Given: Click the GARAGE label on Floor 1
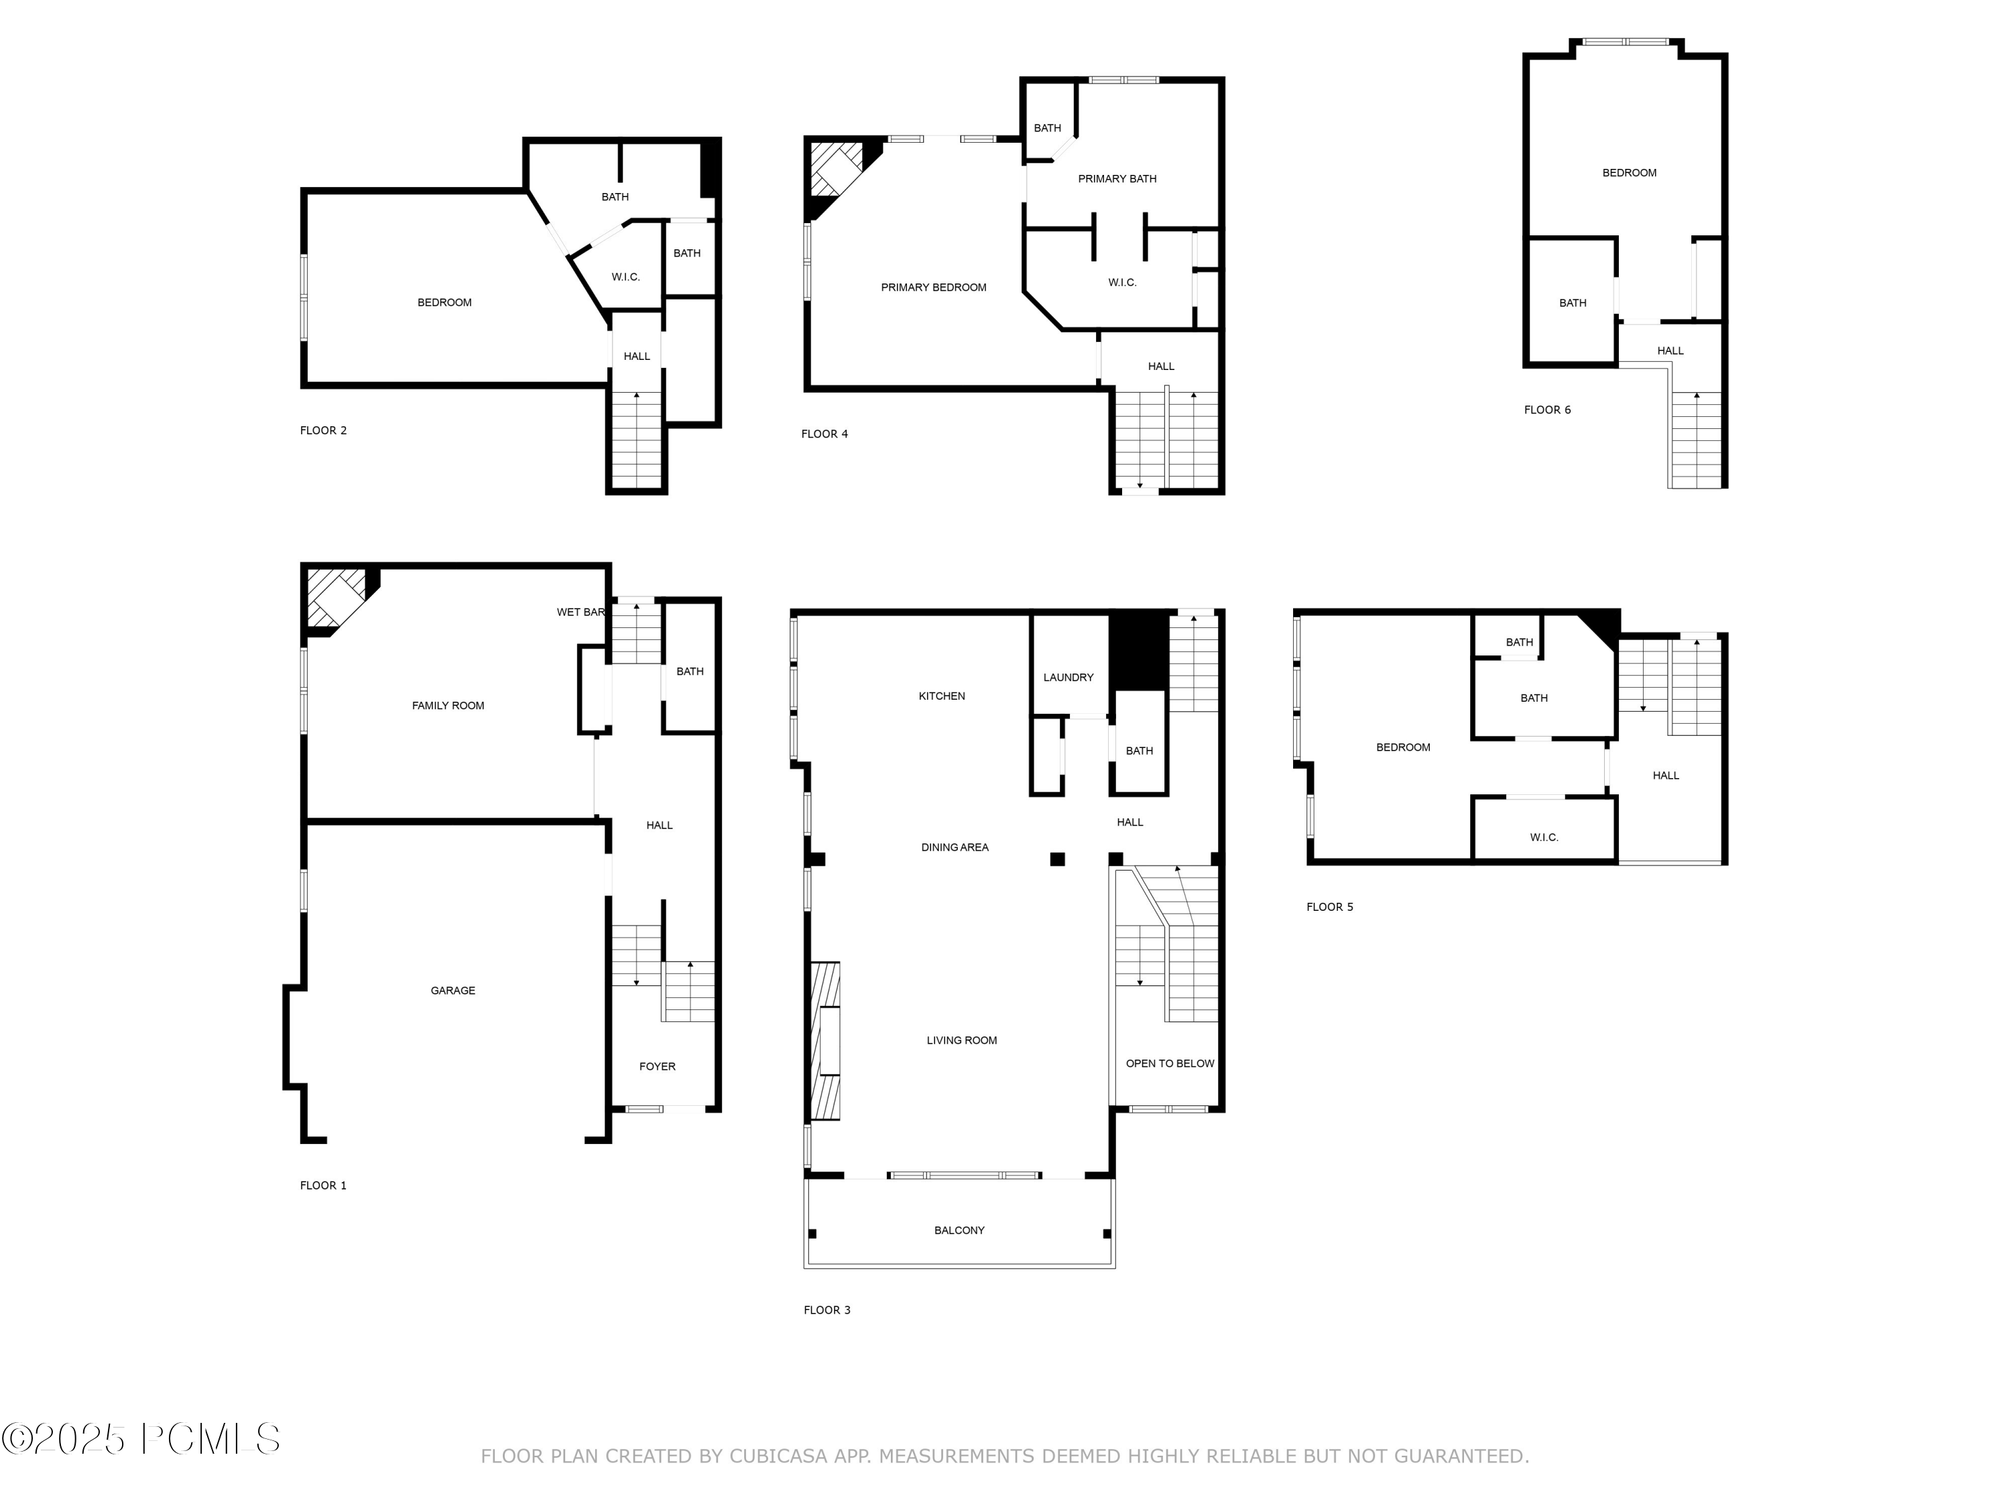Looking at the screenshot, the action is point(452,991).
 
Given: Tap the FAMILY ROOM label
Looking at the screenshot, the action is point(448,705).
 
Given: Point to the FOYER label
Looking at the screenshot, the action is point(658,1066).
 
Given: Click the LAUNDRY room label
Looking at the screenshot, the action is point(1069,677).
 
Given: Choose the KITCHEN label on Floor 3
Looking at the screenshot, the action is point(942,696).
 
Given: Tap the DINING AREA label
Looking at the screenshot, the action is point(955,847).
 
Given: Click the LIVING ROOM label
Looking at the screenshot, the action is point(962,1041).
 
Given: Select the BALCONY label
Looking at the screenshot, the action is point(959,1231).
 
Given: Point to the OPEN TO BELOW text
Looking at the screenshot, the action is point(1170,1064).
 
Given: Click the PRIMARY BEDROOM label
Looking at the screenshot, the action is point(934,288).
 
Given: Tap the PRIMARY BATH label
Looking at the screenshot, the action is point(1117,179).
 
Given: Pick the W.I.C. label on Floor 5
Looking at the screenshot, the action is point(1544,837).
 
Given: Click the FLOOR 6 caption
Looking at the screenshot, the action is point(1547,410).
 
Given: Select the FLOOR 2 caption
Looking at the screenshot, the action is point(324,431).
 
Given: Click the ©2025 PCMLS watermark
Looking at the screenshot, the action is point(141,1439).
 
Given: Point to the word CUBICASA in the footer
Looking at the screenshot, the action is point(779,1456).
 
